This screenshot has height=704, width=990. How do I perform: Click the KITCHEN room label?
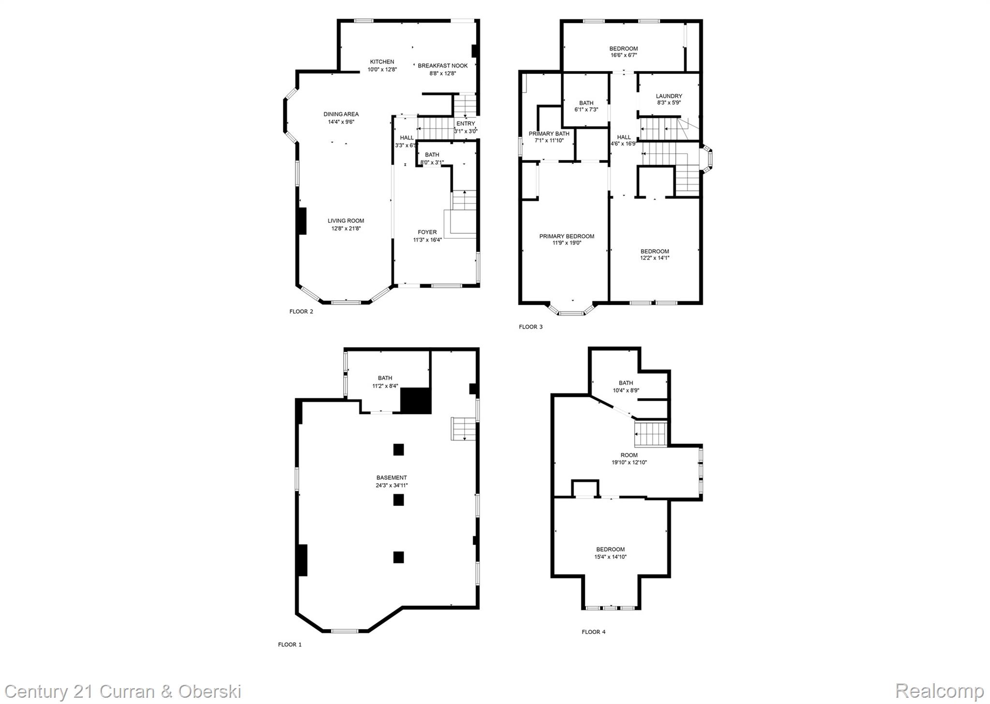click(x=382, y=62)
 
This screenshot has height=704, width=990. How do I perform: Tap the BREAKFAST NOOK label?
click(x=442, y=66)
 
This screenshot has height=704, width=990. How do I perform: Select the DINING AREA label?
click(x=341, y=115)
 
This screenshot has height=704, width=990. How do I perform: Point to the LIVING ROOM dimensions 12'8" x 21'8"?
click(x=346, y=229)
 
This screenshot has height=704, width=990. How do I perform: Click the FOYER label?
click(x=427, y=232)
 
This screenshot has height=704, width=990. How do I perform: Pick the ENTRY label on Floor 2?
click(x=466, y=124)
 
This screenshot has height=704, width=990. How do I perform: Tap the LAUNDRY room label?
click(x=669, y=96)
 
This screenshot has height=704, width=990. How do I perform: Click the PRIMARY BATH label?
click(x=549, y=134)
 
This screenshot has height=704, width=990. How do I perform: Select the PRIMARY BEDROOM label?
click(x=567, y=236)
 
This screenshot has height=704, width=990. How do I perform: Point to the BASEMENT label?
click(x=392, y=478)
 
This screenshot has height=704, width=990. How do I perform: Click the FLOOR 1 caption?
click(x=290, y=645)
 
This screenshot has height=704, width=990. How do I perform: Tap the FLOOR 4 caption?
click(x=593, y=632)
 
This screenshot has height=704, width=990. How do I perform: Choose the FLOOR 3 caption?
click(x=530, y=327)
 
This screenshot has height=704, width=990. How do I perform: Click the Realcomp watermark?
click(x=939, y=691)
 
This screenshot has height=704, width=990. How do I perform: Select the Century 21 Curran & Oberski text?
click(x=123, y=692)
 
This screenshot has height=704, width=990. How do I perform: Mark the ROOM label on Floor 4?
click(x=629, y=455)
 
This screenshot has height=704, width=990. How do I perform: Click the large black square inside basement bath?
click(x=415, y=401)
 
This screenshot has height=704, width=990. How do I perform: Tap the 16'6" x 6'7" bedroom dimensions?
click(x=623, y=56)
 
